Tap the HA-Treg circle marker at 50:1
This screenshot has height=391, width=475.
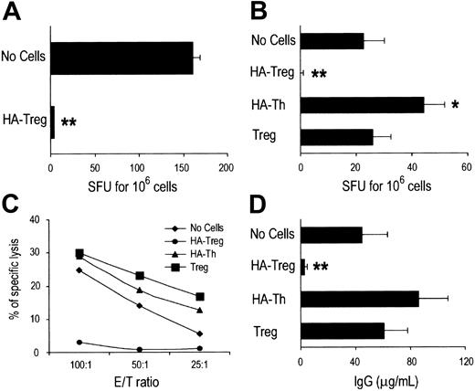click(139, 349)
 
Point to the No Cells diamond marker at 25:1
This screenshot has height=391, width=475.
click(199, 333)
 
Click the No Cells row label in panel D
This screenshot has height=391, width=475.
click(269, 234)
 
